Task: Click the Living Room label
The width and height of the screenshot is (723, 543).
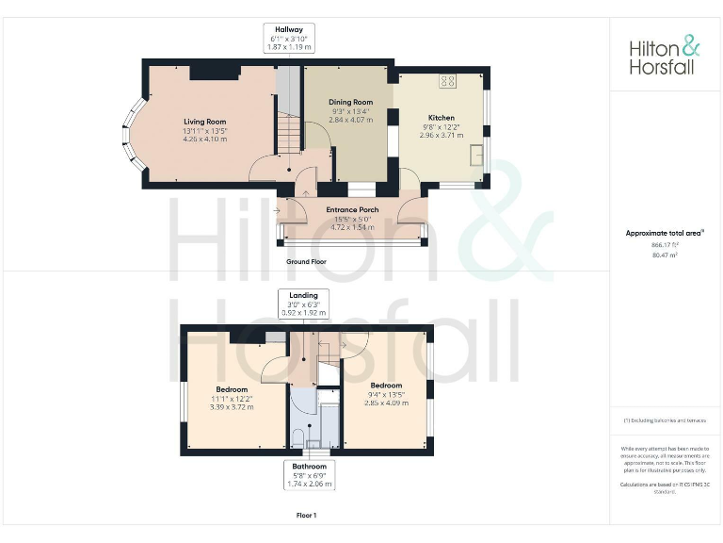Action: coord(204,122)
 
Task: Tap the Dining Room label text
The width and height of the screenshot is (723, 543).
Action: coord(350,102)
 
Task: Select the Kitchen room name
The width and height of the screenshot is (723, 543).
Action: coord(442,118)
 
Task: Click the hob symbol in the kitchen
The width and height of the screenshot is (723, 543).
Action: coord(448,81)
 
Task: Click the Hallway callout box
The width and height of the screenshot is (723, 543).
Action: coord(288,38)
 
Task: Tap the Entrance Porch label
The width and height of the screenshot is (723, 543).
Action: coord(352,210)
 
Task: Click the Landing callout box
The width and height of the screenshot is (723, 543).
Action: coord(302,303)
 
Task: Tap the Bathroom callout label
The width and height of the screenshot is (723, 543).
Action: coord(310,475)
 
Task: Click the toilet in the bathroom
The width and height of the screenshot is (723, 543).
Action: coord(297,436)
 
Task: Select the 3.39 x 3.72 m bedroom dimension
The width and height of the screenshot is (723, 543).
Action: coord(232,406)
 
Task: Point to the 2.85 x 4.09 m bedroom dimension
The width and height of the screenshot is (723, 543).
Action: coord(386,403)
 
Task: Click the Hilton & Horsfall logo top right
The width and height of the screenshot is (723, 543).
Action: coord(665,56)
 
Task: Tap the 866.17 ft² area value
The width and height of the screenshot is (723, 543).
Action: coord(665,244)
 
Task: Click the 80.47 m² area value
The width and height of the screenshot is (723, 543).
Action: coord(665,255)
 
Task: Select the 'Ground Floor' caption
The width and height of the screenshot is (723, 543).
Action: coord(306,261)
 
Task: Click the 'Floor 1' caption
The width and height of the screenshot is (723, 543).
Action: coord(306,516)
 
